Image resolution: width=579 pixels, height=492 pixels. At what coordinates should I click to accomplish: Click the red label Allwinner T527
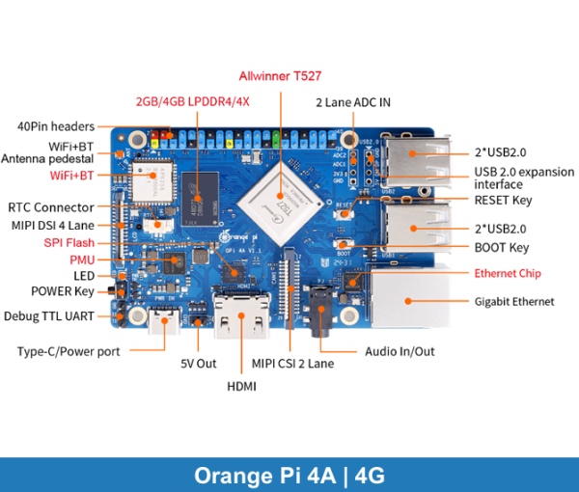click(281, 75)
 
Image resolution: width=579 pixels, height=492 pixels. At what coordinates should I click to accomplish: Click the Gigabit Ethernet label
click(514, 301)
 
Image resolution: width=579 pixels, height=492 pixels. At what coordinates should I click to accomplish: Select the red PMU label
click(82, 260)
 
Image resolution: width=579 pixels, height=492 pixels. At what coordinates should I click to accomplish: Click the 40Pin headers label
click(55, 126)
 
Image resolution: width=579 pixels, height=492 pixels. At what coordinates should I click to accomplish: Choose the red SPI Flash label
click(68, 242)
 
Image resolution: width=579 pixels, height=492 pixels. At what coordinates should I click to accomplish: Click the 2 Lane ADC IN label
click(352, 101)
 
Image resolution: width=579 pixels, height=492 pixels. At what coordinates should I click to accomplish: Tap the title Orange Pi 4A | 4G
click(289, 476)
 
